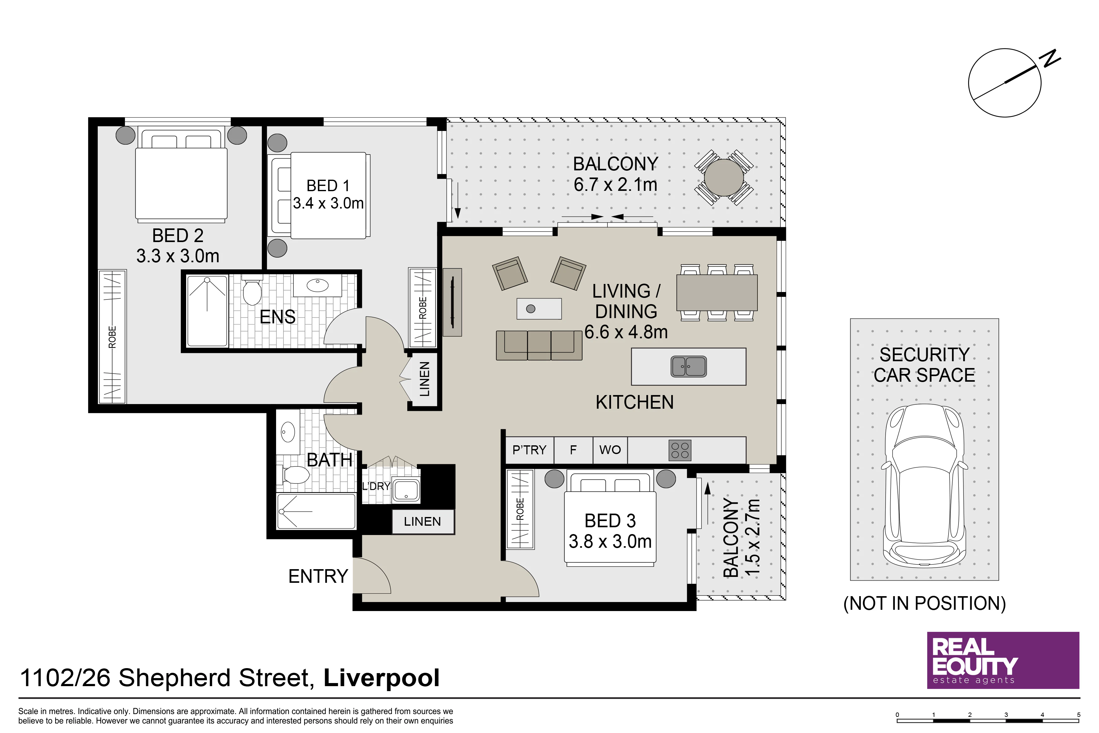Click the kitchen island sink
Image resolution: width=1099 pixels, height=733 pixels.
(x=688, y=367)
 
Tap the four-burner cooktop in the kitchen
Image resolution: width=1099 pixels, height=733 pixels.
(x=680, y=450)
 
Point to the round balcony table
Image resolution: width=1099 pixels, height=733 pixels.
(x=724, y=178)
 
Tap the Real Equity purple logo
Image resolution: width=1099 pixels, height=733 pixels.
(x=1003, y=660)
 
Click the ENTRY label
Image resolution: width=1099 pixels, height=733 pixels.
(x=318, y=576)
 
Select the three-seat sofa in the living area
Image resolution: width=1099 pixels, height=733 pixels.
(x=539, y=345)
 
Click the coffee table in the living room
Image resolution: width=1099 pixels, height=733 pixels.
(x=539, y=308)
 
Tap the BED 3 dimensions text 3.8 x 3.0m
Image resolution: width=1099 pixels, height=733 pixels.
(x=610, y=541)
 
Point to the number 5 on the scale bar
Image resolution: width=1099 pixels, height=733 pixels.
(x=1079, y=714)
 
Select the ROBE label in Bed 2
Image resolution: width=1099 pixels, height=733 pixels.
(x=112, y=337)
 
